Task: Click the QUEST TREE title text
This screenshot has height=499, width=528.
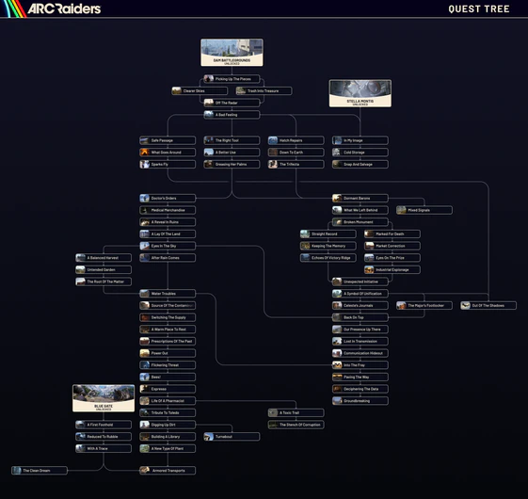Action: click(x=479, y=9)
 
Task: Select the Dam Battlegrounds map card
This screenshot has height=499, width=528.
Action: click(x=232, y=52)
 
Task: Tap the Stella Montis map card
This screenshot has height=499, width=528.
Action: click(x=360, y=92)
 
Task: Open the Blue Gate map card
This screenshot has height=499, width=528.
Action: click(x=104, y=397)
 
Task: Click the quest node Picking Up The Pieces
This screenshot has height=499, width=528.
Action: click(x=232, y=79)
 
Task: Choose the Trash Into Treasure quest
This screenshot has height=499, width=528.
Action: click(x=264, y=91)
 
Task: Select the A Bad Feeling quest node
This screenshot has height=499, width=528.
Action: click(x=232, y=115)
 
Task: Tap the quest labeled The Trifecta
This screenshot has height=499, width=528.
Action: click(x=296, y=164)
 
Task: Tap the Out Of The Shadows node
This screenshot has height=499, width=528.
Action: click(x=488, y=305)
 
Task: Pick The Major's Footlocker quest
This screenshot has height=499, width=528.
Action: click(x=424, y=305)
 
